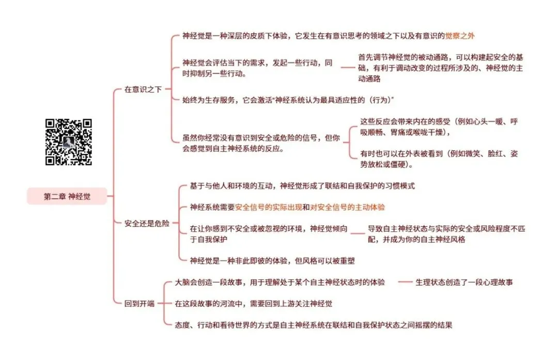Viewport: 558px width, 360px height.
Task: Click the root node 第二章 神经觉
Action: (67, 196)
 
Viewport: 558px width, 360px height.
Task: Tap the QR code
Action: (69, 142)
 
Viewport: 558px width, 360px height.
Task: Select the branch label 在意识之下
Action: (143, 89)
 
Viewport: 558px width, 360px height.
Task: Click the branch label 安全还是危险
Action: (147, 224)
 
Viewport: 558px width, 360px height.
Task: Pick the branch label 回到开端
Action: (139, 303)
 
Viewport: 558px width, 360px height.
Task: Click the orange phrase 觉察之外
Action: (460, 36)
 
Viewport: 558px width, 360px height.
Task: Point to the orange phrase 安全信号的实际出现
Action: (269, 207)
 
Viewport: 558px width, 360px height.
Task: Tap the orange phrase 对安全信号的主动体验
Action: (347, 207)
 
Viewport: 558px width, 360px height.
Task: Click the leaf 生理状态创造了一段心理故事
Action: (464, 282)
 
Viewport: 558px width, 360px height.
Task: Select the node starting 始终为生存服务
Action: (288, 100)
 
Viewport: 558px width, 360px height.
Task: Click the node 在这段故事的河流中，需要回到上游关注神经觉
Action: (253, 303)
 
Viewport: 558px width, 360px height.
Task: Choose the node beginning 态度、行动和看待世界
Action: (314, 325)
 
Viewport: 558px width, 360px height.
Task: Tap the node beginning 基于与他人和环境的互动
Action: (302, 186)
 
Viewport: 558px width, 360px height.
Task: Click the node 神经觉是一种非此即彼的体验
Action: (272, 261)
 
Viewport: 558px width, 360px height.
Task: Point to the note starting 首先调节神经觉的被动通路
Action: (441, 68)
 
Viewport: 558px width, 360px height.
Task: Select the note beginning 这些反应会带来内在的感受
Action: (439, 127)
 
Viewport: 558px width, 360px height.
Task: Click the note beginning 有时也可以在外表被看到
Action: (439, 159)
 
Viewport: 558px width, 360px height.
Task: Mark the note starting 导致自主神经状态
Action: (446, 233)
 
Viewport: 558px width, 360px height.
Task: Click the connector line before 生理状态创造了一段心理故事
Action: (405, 282)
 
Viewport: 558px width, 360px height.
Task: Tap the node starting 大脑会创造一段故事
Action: (280, 282)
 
